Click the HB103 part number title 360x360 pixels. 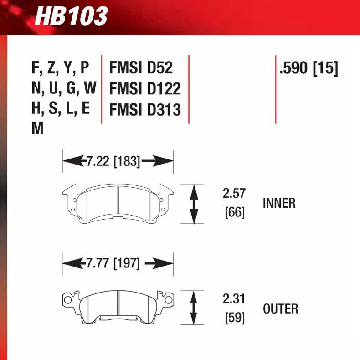pos(72,16)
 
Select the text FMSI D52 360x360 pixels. pos(141,67)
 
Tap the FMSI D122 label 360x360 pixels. pos(145,88)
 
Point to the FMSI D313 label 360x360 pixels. pos(145,109)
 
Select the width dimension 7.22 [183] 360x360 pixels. pos(113,161)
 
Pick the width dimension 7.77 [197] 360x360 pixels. pos(113,263)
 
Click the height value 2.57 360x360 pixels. pos(234,193)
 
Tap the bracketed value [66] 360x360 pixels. pos(235,212)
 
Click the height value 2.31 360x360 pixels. pos(234,299)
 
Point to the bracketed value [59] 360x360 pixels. pos(235,318)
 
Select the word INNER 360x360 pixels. pos(279,203)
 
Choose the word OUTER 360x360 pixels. pos(280,309)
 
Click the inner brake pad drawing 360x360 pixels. pos(118,204)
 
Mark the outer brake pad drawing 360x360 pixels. pos(118,307)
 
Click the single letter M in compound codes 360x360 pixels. pos(38,129)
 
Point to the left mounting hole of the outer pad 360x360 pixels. pos(68,300)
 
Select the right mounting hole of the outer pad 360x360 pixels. pos(167,300)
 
